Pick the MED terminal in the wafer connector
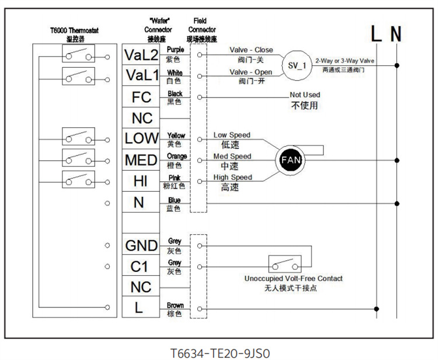coord(141,160)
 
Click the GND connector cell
coord(141,245)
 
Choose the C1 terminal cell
coord(141,266)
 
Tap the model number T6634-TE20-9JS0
coord(219,352)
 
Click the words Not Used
coord(305,95)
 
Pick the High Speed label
coord(232,177)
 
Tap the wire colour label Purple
coord(175,51)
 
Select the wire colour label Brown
coord(175,305)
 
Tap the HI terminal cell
coord(141,181)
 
